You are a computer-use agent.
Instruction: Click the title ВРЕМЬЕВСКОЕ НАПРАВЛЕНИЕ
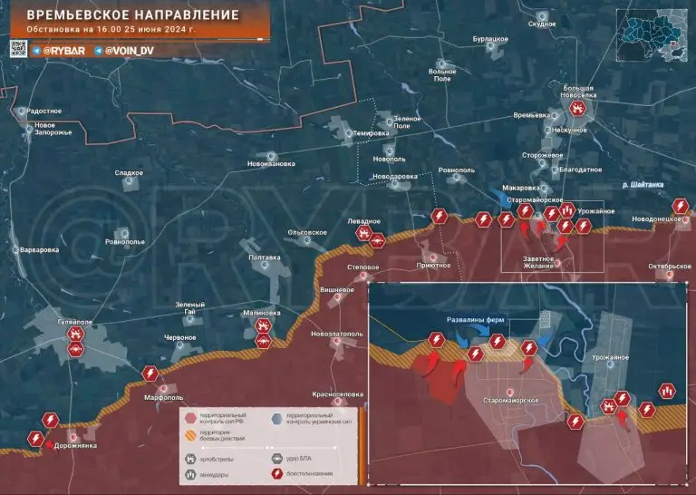pyautogui.click(x=127, y=15)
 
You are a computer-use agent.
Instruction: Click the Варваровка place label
pyautogui.click(x=40, y=249)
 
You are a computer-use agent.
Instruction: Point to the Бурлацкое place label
pyautogui.click(x=490, y=40)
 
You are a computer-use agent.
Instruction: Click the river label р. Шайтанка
pyautogui.click(x=643, y=185)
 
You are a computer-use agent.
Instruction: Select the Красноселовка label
pyautogui.click(x=338, y=394)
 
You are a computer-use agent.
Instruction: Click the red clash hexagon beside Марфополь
pyautogui.click(x=150, y=374)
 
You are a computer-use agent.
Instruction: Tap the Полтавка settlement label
pyautogui.click(x=264, y=257)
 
